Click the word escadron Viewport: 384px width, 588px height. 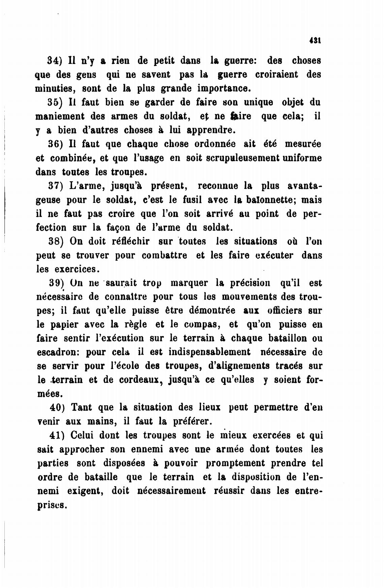coord(58,352)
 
